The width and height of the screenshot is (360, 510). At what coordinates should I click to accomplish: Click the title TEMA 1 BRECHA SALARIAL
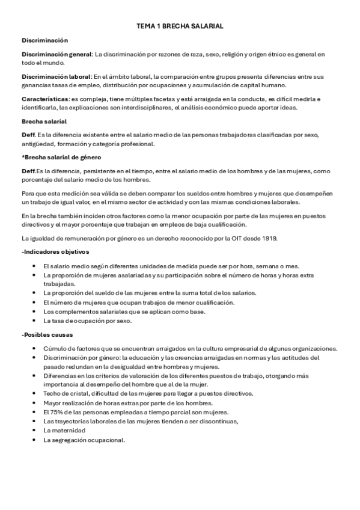tap(180, 27)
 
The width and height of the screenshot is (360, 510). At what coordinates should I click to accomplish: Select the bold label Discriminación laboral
tap(56, 76)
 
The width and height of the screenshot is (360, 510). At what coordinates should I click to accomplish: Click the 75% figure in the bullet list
tap(50, 412)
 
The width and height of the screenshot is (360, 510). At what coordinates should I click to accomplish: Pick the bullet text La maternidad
tap(64, 431)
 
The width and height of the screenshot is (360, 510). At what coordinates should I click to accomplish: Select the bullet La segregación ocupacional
tap(84, 440)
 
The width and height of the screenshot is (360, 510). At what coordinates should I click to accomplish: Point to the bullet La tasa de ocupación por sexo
tap(87, 321)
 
